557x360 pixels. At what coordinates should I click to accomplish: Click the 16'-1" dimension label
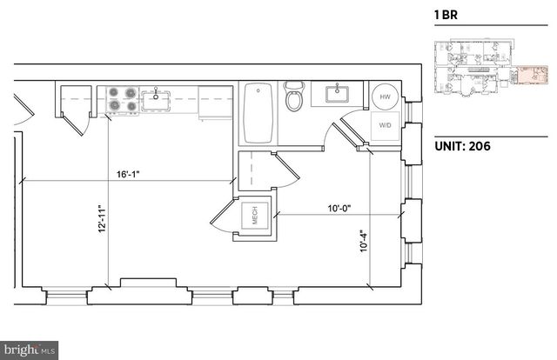pos(127,174)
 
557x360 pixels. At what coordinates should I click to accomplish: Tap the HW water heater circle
pos(385,97)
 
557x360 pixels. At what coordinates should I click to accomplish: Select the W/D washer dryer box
pos(385,125)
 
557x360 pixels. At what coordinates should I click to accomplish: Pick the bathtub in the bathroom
pos(259,113)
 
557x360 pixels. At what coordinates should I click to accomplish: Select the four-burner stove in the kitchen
pos(123,99)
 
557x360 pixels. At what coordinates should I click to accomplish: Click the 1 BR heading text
pos(446,15)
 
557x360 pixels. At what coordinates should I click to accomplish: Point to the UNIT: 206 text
pos(462,146)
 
